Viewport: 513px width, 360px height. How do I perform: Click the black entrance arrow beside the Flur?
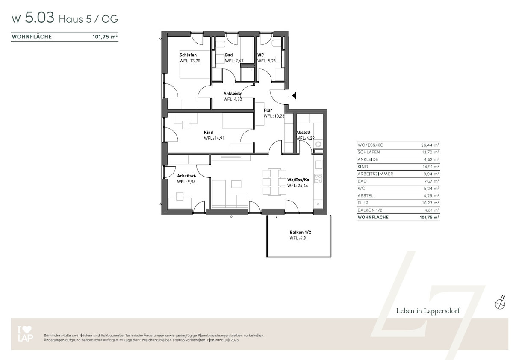pos(295,96)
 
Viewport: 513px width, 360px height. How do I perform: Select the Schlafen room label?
pos(188,55)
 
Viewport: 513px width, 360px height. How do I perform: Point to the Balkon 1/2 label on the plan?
pos(300,233)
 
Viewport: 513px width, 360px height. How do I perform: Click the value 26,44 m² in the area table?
pos(430,145)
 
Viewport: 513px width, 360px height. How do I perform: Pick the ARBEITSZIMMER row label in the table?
pos(375,174)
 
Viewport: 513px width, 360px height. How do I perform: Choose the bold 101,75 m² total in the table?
pos(429,217)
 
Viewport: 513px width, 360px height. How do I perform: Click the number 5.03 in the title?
pos(39,18)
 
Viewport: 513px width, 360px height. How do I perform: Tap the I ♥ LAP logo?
pos(25,333)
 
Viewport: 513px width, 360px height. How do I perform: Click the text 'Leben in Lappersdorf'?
pos(428,311)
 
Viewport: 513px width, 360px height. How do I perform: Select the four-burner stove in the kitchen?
pos(318,179)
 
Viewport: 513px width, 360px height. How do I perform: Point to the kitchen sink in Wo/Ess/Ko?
pos(318,165)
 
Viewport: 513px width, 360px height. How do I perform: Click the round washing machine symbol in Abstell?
pos(318,144)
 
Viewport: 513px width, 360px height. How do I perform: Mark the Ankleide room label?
pos(232,94)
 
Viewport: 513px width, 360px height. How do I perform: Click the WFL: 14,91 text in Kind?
pos(214,139)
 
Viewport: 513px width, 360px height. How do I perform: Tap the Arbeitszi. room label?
pos(186,176)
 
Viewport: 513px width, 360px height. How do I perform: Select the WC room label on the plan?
pos(261,55)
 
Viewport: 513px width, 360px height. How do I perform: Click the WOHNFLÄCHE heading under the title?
pos(32,37)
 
